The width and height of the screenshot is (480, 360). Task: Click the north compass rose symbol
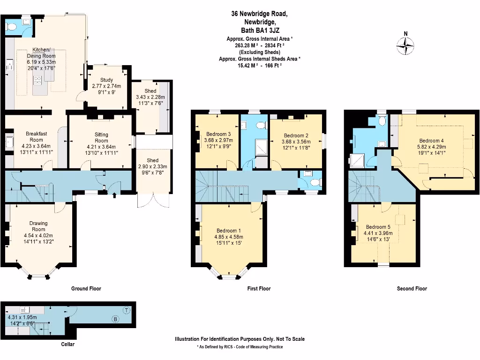[x=406, y=45]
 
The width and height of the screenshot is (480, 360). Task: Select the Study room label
[x=107, y=80]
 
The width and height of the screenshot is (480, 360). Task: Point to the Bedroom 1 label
[x=229, y=230]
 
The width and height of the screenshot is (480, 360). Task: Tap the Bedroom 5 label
[x=379, y=226]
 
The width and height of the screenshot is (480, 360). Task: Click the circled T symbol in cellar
[x=126, y=310]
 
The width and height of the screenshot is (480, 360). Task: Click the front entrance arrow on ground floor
[x=114, y=195]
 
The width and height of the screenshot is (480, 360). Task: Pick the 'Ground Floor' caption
[x=86, y=289]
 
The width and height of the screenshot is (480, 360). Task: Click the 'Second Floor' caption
[x=412, y=289]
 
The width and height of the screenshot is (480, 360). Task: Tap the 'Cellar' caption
[x=67, y=345]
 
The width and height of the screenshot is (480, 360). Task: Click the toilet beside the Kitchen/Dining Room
[x=12, y=28]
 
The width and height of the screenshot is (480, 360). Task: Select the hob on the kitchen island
[x=37, y=80]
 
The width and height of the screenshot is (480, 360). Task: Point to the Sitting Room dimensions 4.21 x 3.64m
[x=101, y=147]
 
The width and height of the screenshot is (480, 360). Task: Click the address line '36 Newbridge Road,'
[x=259, y=14]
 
